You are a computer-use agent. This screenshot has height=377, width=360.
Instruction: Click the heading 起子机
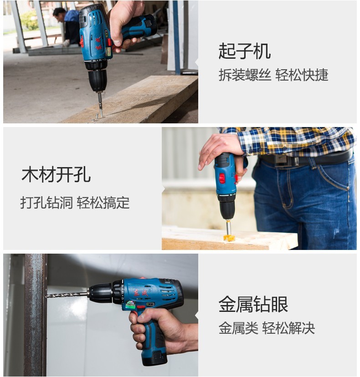(x=245, y=51)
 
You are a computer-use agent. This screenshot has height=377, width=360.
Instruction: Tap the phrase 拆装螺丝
(x=245, y=75)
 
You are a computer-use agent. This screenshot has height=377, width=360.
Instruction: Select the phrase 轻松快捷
(x=302, y=75)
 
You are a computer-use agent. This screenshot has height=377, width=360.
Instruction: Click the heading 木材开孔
(x=56, y=174)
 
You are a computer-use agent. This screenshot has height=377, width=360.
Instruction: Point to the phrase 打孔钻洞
(x=46, y=203)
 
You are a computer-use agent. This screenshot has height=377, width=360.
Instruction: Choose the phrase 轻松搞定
(x=103, y=203)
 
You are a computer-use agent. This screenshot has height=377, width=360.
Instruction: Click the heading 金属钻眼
(x=253, y=304)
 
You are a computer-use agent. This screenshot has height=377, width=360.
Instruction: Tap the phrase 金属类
(x=238, y=328)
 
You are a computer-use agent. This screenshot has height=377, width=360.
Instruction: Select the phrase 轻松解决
(x=288, y=328)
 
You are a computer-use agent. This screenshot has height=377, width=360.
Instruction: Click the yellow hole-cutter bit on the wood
(x=229, y=237)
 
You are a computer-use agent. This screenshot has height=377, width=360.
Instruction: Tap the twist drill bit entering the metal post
(x=67, y=295)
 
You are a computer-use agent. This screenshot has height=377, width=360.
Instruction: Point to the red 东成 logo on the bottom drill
(x=140, y=292)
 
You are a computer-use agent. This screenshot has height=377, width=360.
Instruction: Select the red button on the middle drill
(x=222, y=178)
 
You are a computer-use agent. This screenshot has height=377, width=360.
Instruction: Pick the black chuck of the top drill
(x=97, y=76)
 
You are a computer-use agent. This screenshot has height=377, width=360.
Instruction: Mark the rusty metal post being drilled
(x=36, y=315)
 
